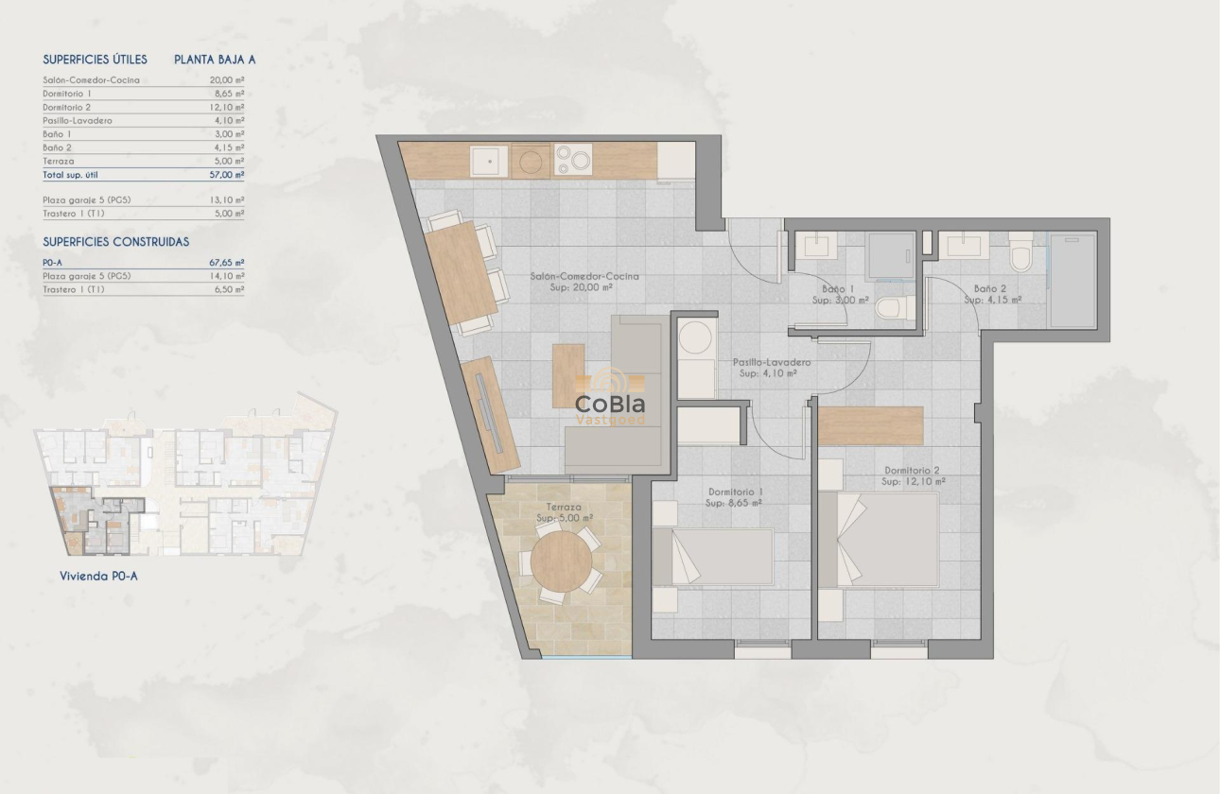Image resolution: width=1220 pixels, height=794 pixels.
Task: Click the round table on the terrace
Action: click(x=562, y=561)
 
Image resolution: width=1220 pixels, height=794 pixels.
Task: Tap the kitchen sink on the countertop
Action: click(x=490, y=162)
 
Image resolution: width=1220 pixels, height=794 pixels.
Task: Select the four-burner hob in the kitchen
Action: click(x=572, y=159)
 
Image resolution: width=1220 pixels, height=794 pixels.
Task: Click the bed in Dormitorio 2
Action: click(x=879, y=539)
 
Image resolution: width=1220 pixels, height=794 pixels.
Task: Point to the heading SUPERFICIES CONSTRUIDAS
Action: click(x=116, y=242)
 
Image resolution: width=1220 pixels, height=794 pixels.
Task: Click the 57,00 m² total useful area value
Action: click(x=227, y=175)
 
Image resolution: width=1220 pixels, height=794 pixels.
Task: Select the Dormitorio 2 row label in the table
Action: click(x=67, y=108)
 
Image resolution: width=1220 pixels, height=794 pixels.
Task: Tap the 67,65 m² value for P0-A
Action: click(x=227, y=263)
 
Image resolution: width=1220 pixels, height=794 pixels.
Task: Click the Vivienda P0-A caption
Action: click(x=98, y=576)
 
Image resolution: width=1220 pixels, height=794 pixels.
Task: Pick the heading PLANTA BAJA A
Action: click(x=215, y=60)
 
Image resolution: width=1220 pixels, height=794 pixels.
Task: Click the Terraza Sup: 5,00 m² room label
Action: click(x=564, y=513)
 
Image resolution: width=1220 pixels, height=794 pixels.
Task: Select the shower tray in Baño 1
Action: click(x=890, y=254)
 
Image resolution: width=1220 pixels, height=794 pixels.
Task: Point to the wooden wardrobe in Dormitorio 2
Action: click(x=870, y=425)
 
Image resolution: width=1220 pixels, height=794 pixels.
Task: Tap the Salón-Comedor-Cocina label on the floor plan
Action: click(x=584, y=282)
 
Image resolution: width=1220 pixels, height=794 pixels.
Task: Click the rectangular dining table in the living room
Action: click(x=462, y=269)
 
